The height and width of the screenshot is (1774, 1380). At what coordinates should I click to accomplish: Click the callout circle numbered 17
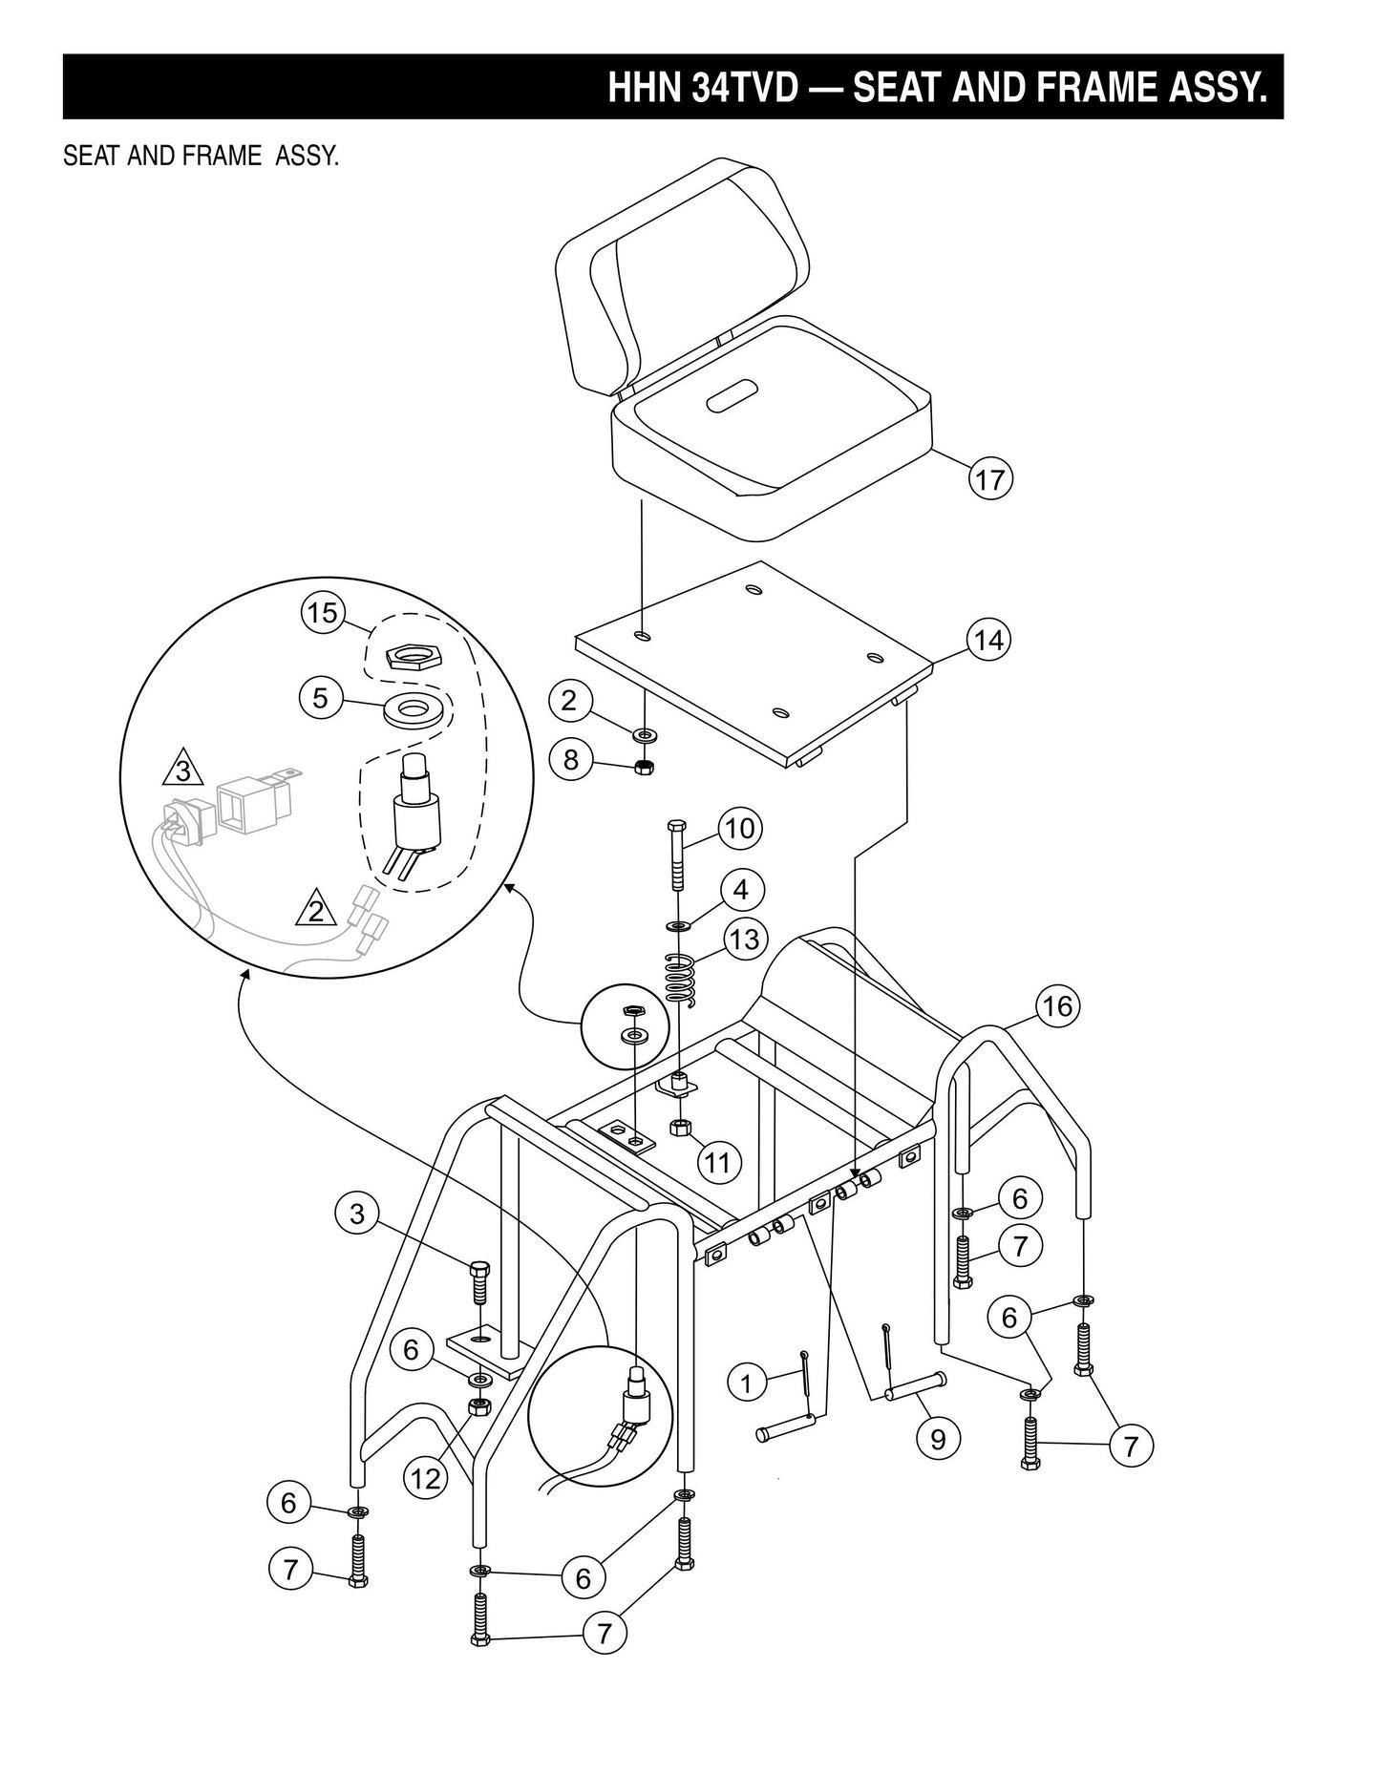[x=990, y=478]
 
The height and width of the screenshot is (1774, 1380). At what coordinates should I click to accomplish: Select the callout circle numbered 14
[x=989, y=640]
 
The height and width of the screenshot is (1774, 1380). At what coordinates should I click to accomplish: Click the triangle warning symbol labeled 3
[x=183, y=769]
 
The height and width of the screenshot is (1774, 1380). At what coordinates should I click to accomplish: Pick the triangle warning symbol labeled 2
[x=316, y=910]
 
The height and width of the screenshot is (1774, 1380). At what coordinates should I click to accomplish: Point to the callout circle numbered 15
[x=323, y=612]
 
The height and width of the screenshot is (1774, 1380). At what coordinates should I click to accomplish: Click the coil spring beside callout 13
[x=680, y=978]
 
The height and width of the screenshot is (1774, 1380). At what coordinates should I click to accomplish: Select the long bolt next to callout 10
[x=676, y=855]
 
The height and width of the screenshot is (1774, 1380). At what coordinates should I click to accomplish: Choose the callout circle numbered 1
[x=747, y=1382]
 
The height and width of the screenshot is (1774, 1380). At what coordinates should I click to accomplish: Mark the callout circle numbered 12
[x=425, y=1479]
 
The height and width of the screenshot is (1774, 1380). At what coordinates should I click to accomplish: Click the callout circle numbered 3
[x=357, y=1214]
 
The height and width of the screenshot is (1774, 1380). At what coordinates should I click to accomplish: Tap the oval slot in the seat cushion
[x=732, y=395]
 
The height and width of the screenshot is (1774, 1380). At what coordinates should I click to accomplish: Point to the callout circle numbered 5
[x=321, y=698]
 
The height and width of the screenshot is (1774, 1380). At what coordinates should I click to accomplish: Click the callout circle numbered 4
[x=741, y=890]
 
